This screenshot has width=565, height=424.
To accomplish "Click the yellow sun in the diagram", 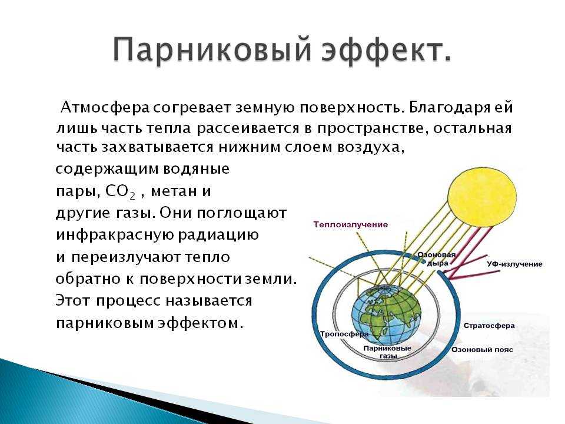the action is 482,197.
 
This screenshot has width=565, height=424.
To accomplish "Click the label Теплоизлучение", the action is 351,224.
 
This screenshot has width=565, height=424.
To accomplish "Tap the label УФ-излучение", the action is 514,264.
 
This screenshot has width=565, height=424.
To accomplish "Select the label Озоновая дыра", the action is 437,259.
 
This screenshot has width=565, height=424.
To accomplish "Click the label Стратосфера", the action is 489,326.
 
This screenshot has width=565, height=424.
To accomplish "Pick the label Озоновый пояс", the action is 482,350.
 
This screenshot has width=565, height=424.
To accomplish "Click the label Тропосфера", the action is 344,334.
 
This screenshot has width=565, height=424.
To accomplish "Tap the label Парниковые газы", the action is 387,352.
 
